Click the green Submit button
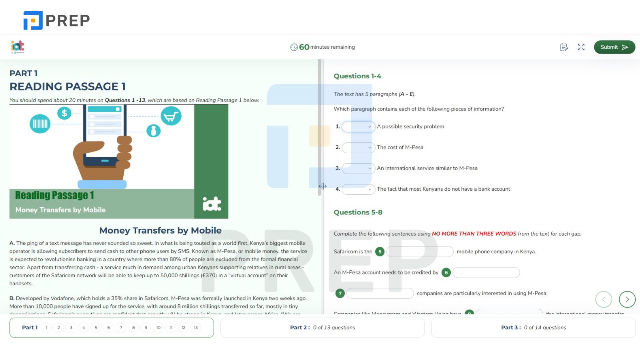614,47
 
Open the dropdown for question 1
358,127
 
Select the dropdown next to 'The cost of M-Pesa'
358,148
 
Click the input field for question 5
420,252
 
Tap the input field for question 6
486,272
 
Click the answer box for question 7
380,293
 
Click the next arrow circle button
627,299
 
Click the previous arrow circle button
604,299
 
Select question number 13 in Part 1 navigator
196,328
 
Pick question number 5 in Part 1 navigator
96,328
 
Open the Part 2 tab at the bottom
322,328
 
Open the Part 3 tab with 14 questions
533,328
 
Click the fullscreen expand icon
581,47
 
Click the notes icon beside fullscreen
564,47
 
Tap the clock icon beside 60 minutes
294,47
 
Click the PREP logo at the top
56,20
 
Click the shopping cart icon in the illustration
171,116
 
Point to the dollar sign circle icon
64,113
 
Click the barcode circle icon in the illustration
40,124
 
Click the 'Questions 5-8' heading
358,212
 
